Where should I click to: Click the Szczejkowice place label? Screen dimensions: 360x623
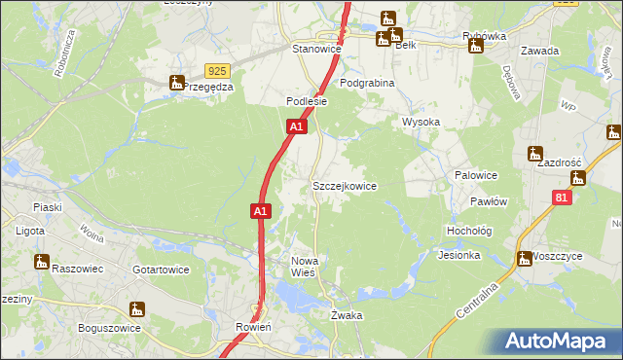(x=344, y=185)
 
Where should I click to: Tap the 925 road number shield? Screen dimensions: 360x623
(x=218, y=71)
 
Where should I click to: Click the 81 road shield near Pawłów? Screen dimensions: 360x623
(x=561, y=198)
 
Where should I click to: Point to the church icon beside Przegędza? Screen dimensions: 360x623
(x=176, y=83)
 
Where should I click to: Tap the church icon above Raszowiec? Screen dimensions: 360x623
(x=41, y=261)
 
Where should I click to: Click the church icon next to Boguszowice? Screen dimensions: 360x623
(x=136, y=309)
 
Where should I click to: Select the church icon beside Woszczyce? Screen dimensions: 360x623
(x=523, y=259)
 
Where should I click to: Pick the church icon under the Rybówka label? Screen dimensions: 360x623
(x=476, y=45)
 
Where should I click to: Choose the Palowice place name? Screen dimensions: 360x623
(x=476, y=175)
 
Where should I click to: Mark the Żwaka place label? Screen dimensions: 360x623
(x=347, y=315)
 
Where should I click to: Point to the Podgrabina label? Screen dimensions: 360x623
(x=367, y=84)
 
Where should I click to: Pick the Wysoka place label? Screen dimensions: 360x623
(x=421, y=122)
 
